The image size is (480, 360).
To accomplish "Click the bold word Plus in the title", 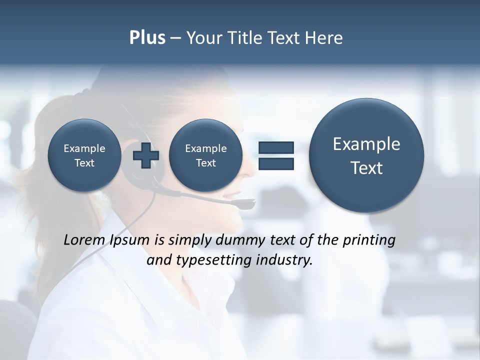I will click(147, 38).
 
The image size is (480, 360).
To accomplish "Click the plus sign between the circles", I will click(145, 155).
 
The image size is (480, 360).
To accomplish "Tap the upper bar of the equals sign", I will click(276, 147).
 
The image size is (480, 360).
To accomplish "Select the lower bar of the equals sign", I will click(276, 163).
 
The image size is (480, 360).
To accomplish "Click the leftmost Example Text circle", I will click(84, 155).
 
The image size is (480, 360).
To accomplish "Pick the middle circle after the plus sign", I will click(205, 155).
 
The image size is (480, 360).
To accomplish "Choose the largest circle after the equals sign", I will click(366, 155).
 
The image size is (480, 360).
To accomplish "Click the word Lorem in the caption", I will click(84, 240).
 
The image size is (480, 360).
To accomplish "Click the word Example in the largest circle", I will click(366, 144).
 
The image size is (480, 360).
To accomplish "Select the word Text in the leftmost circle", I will click(84, 163).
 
